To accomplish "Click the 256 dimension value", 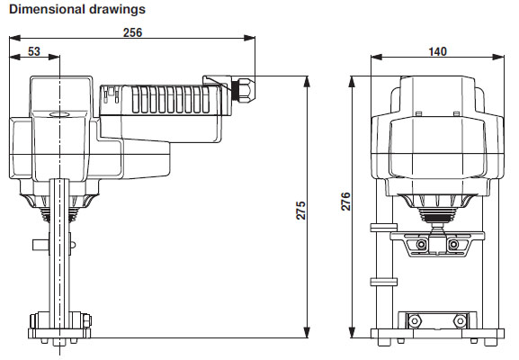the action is (132, 32).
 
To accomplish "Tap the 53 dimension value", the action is (34, 51).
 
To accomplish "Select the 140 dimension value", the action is (437, 51).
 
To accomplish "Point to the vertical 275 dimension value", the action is (300, 211).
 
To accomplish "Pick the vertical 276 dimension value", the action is (345, 202).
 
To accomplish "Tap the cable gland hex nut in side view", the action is (246, 89).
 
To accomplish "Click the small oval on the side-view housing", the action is (59, 114).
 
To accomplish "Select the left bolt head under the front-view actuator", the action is (421, 245).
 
